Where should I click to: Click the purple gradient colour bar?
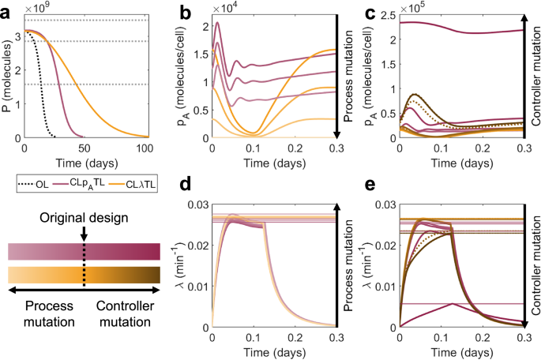pyautogui.click(x=84, y=251)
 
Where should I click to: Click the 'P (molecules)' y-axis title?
pyautogui.click(x=8, y=76)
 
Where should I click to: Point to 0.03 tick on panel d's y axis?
pyautogui.click(x=195, y=204)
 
